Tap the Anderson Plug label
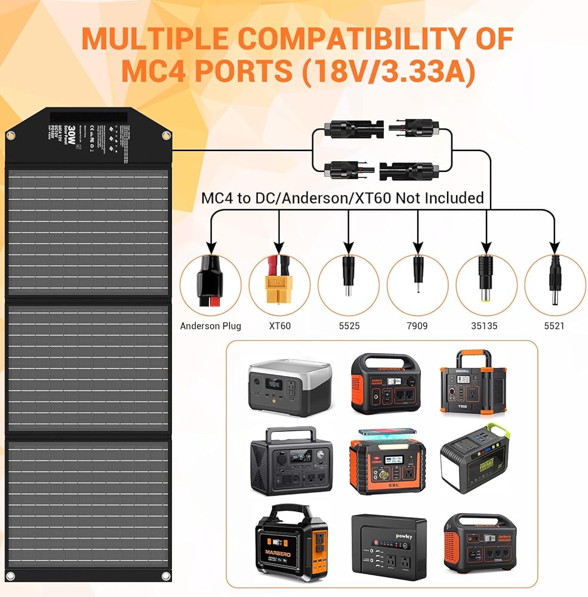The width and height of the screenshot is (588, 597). [x=211, y=326]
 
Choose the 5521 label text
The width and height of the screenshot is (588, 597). [x=555, y=326]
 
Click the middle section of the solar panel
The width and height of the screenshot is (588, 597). [x=88, y=368]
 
